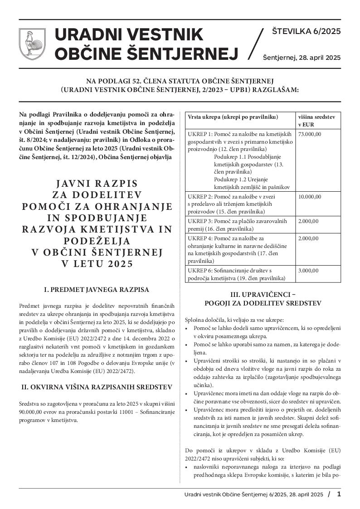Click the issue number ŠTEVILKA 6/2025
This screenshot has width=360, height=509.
click(x=306, y=31)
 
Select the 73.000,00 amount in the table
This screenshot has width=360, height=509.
click(x=309, y=134)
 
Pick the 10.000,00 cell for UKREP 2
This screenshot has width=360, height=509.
click(x=309, y=197)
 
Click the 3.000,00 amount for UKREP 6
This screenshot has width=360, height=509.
click(x=308, y=271)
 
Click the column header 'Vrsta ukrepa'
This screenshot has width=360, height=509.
click(x=232, y=117)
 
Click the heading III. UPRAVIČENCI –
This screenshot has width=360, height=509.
click(x=263, y=294)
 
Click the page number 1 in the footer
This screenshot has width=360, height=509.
click(x=339, y=494)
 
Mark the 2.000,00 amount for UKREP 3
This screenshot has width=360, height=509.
click(x=308, y=221)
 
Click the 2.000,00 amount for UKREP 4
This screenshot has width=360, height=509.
click(x=308, y=238)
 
